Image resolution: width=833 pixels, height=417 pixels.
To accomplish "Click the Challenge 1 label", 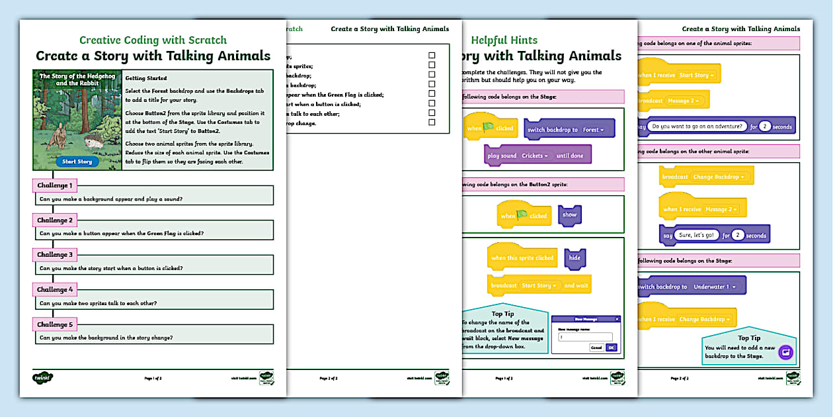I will pos(56,185).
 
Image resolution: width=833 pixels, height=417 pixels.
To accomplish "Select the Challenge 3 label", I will pos(56,255).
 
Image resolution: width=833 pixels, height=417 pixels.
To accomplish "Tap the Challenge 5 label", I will pos(56,324).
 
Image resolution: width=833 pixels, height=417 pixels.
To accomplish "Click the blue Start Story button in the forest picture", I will pos(77,162).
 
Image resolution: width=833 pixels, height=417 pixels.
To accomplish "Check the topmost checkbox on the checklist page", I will pos(432,56).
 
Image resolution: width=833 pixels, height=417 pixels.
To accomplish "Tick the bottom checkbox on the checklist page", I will pos(432,122).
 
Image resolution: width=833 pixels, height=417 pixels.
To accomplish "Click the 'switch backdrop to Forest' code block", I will pos(569,129).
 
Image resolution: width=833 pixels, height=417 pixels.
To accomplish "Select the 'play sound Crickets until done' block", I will pos(537,156).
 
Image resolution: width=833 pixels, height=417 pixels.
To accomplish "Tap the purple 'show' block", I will pos(569,215).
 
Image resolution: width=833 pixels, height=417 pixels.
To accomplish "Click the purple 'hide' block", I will pos(575,259).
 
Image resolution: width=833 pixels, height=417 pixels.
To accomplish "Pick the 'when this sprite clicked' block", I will pos(522,258).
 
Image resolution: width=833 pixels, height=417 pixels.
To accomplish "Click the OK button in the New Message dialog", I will pos(611,347).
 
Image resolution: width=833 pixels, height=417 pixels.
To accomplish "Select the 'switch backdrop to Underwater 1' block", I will pos(691,287).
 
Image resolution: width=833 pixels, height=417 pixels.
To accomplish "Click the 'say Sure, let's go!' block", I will pos(714,235).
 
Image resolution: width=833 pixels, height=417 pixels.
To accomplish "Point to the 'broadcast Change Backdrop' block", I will pos(706,177).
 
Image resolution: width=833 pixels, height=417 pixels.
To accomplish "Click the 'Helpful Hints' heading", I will pos(504,40).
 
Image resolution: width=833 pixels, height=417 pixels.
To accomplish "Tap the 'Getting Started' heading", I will pos(146,78).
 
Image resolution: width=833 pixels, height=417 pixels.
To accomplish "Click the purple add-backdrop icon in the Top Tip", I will pos(785,353).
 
